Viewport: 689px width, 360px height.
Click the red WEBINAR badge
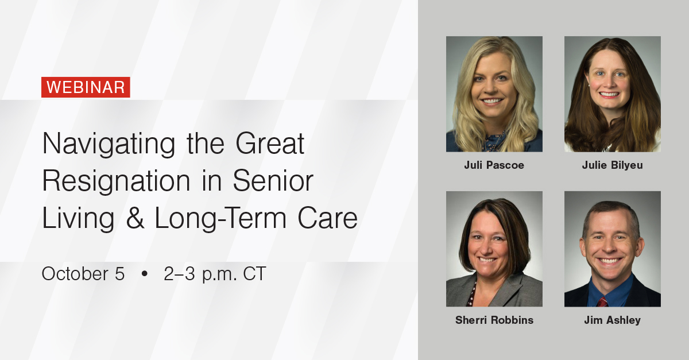tap(86, 87)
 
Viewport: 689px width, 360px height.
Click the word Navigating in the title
tap(109, 144)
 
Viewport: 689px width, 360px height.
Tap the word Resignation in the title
tap(116, 181)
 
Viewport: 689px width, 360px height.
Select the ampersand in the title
tap(135, 218)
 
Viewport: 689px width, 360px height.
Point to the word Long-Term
tap(221, 218)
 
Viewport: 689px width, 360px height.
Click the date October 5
tap(83, 273)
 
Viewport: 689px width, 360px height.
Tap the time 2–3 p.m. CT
tap(215, 274)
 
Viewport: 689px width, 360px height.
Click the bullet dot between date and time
tap(144, 273)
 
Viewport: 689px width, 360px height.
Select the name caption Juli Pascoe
tap(494, 165)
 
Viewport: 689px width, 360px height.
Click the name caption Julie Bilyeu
tap(612, 165)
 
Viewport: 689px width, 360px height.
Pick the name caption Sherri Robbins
tap(494, 320)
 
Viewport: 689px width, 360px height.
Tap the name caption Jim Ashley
tap(612, 320)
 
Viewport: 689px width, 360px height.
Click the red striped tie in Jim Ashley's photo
tap(602, 301)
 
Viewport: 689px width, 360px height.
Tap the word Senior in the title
tap(273, 181)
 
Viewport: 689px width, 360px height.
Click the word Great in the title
tap(270, 144)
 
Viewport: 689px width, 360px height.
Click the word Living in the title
tap(78, 218)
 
